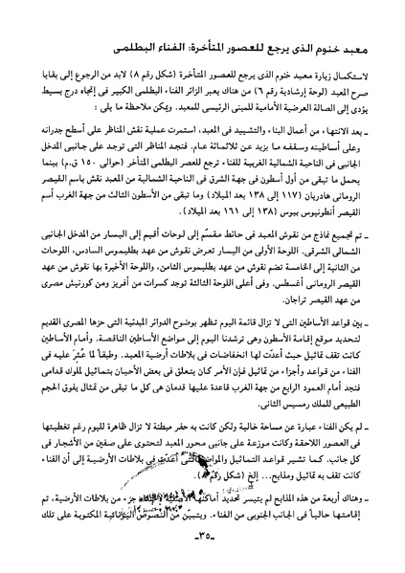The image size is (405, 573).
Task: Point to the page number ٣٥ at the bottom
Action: tap(203, 556)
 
